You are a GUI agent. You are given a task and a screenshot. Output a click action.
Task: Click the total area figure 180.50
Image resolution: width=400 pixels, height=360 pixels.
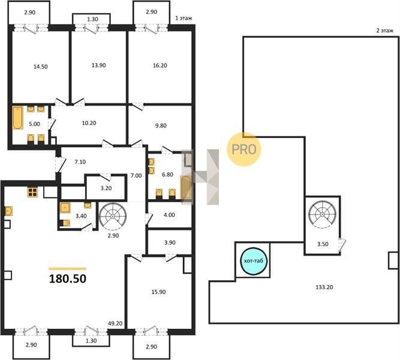pos(68,278)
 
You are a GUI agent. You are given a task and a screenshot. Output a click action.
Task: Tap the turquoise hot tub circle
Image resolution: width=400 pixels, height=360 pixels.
pos(254,261)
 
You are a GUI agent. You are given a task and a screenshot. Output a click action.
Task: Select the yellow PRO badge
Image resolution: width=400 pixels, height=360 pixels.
pos(244,149)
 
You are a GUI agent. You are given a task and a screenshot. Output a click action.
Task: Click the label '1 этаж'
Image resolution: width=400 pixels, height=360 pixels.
pos(184,18)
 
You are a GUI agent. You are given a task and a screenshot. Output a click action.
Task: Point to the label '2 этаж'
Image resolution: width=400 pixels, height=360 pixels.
pos(385,31)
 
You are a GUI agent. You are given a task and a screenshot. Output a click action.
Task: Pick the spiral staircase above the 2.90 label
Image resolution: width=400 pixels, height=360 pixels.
pos(113,216)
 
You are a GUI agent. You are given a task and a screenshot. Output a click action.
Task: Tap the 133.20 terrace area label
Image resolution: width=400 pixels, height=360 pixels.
pos(324,287)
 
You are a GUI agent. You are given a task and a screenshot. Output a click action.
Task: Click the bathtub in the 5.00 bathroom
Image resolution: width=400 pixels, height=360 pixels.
pos(17,118)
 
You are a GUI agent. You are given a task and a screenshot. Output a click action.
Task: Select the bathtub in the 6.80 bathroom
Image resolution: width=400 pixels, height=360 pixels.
pos(186,187)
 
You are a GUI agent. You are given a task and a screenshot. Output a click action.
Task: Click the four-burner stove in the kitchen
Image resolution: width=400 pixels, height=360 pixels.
pos(32,192)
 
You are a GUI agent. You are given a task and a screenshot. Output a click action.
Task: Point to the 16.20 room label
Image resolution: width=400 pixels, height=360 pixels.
pos(160,65)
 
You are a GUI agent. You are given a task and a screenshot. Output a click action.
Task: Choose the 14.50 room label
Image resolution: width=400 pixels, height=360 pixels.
pos(41,67)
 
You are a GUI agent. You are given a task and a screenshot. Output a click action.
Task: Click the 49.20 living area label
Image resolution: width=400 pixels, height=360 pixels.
pos(115,323)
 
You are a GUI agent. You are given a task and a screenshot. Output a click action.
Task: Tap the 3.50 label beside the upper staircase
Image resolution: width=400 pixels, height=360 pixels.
pos(323,244)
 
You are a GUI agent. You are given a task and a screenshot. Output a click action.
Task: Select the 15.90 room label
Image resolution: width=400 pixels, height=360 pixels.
pos(158,292)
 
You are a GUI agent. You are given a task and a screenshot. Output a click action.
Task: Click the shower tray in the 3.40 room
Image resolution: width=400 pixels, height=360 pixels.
pos(65,208)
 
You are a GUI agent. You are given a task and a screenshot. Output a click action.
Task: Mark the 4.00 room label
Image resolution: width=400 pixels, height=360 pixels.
pos(169,215)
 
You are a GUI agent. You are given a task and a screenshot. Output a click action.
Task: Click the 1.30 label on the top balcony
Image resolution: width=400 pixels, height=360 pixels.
pos(92,19)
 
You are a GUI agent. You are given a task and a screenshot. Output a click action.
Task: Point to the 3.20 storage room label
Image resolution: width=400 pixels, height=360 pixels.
pos(106,188)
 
